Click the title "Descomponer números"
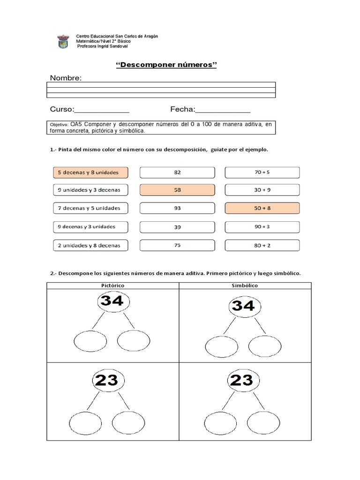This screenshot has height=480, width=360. pyautogui.click(x=166, y=65)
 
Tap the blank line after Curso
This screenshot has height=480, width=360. pyautogui.click(x=102, y=110)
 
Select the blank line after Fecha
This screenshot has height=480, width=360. pyautogui.click(x=223, y=110)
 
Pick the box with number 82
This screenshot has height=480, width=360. pyautogui.click(x=177, y=172)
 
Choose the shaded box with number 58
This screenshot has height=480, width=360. pyautogui.click(x=177, y=190)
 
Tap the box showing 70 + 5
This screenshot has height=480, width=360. pyautogui.click(x=262, y=172)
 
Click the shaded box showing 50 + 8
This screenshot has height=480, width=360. pyautogui.click(x=262, y=208)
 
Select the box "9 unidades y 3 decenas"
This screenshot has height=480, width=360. pyautogui.click(x=89, y=190)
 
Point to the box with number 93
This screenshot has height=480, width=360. pyautogui.click(x=177, y=208)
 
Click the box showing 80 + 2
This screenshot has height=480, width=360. pyautogui.click(x=262, y=245)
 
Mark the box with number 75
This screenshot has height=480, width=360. pyautogui.click(x=177, y=245)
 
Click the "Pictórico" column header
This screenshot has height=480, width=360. pyautogui.click(x=112, y=285)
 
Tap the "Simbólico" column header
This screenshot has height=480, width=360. pyautogui.click(x=244, y=285)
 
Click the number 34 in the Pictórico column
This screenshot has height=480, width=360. pyautogui.click(x=112, y=301)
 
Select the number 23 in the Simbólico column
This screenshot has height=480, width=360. pyautogui.click(x=242, y=380)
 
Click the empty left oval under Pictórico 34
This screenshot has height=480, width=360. pyautogui.click(x=90, y=340)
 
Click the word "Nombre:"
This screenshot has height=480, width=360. pyautogui.click(x=66, y=78)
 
